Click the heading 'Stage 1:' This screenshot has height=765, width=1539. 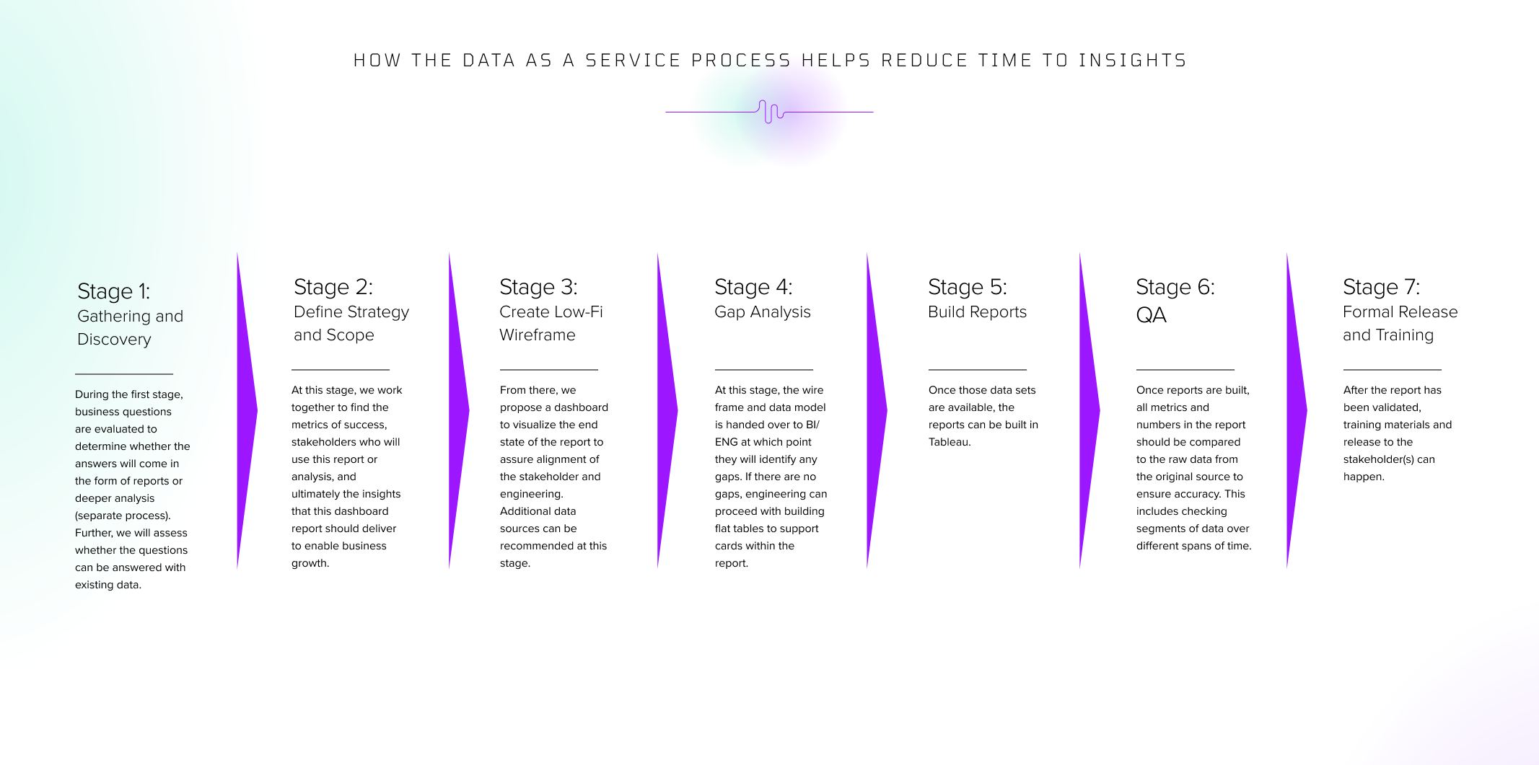pos(113,291)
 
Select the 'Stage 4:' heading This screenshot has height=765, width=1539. pos(753,287)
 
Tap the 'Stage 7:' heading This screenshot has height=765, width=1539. pos(1381,287)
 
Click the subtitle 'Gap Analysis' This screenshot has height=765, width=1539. pos(763,312)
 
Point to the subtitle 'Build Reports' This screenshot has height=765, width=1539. pos(977,312)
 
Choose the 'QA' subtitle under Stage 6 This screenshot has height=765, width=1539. pos(1151,315)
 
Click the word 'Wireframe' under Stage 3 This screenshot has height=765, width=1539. pos(538,335)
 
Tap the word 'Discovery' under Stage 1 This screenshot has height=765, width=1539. pos(114,340)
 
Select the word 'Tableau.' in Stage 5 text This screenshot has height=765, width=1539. pos(950,442)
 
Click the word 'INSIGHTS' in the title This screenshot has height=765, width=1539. pos(1133,61)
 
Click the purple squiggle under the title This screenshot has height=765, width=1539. pos(771,112)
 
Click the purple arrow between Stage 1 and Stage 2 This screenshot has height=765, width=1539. pos(247,410)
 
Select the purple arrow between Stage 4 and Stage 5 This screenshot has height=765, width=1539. pos(877,410)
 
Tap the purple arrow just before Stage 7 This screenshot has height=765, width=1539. pos(1297,410)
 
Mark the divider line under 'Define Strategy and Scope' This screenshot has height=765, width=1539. pos(341,370)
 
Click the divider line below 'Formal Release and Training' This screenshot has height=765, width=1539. pos(1393,370)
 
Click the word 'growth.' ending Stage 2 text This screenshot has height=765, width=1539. pos(310,564)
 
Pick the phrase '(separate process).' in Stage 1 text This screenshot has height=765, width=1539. pos(123,516)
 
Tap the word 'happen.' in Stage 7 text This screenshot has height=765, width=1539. pos(1364,477)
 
